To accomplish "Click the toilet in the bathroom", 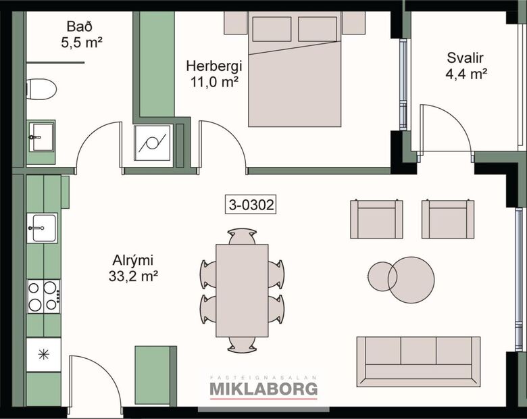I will click(x=41, y=89).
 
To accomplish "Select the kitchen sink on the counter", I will click(x=43, y=228).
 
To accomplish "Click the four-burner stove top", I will click(x=43, y=296).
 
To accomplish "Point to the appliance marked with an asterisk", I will click(x=43, y=353).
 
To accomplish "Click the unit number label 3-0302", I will click(x=251, y=205).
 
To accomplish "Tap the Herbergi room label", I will click(x=214, y=67).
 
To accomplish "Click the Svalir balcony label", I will click(x=467, y=57).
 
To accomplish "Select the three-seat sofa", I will click(x=418, y=360).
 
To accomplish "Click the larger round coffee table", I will click(x=411, y=280).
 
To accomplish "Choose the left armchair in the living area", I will click(x=376, y=219).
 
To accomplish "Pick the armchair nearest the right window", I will click(x=448, y=219).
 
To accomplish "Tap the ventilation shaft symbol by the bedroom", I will click(x=152, y=143).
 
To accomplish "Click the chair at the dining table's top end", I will click(x=242, y=236).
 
